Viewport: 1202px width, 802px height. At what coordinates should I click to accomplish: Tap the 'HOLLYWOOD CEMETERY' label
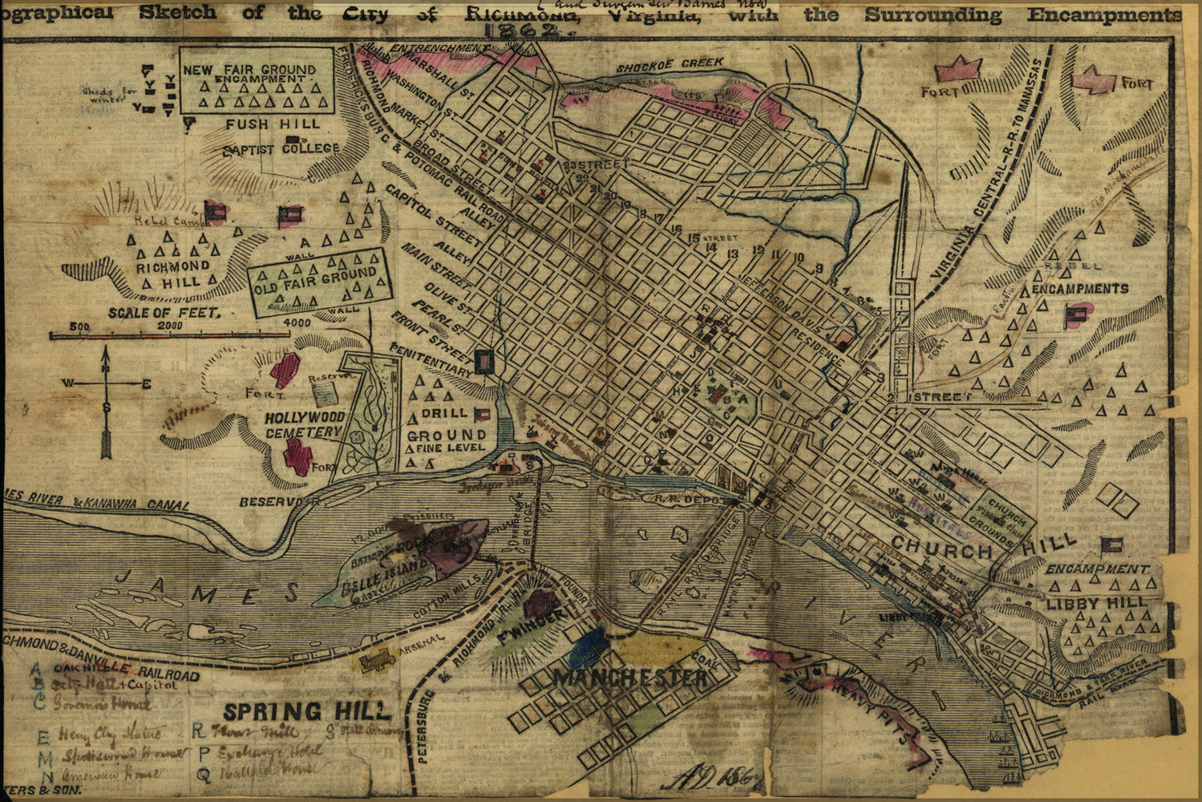click(305, 424)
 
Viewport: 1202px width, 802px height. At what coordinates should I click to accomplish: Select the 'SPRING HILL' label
click(307, 711)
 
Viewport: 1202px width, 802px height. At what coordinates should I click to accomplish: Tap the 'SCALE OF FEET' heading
click(164, 313)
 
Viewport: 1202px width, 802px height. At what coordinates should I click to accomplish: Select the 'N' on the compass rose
click(106, 368)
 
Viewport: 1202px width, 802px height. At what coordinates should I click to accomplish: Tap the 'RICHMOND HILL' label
click(172, 273)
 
